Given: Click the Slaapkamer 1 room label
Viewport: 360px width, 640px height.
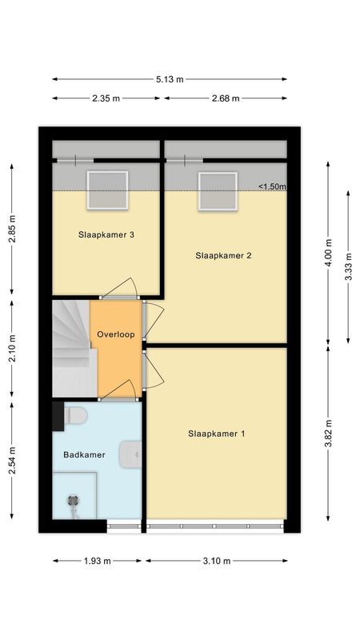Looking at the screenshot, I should [x=216, y=434].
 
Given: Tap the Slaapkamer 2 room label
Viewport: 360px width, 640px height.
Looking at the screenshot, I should [x=224, y=256].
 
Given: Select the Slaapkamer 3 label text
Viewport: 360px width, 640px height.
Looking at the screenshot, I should [x=106, y=235].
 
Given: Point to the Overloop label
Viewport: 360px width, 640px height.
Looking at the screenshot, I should [x=116, y=334].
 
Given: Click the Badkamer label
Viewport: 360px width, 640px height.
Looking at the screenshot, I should [x=84, y=454].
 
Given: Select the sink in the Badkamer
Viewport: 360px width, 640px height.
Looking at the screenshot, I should [x=130, y=455].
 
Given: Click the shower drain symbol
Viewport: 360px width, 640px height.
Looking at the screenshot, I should [x=74, y=502].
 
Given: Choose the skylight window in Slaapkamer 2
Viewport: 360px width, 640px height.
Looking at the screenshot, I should [x=218, y=191].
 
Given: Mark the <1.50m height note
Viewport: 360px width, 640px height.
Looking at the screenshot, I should [x=272, y=187].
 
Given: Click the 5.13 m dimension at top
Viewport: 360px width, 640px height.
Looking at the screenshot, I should [x=170, y=79].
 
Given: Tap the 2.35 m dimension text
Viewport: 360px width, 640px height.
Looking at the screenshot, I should [x=106, y=98].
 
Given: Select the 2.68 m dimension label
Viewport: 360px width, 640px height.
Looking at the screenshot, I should [x=226, y=98].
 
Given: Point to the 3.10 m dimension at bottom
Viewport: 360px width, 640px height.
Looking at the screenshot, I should [x=217, y=560].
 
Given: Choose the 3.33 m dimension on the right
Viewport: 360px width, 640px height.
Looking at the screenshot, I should [x=347, y=267].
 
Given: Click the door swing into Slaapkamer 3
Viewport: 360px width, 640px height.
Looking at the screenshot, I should [x=122, y=287].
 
